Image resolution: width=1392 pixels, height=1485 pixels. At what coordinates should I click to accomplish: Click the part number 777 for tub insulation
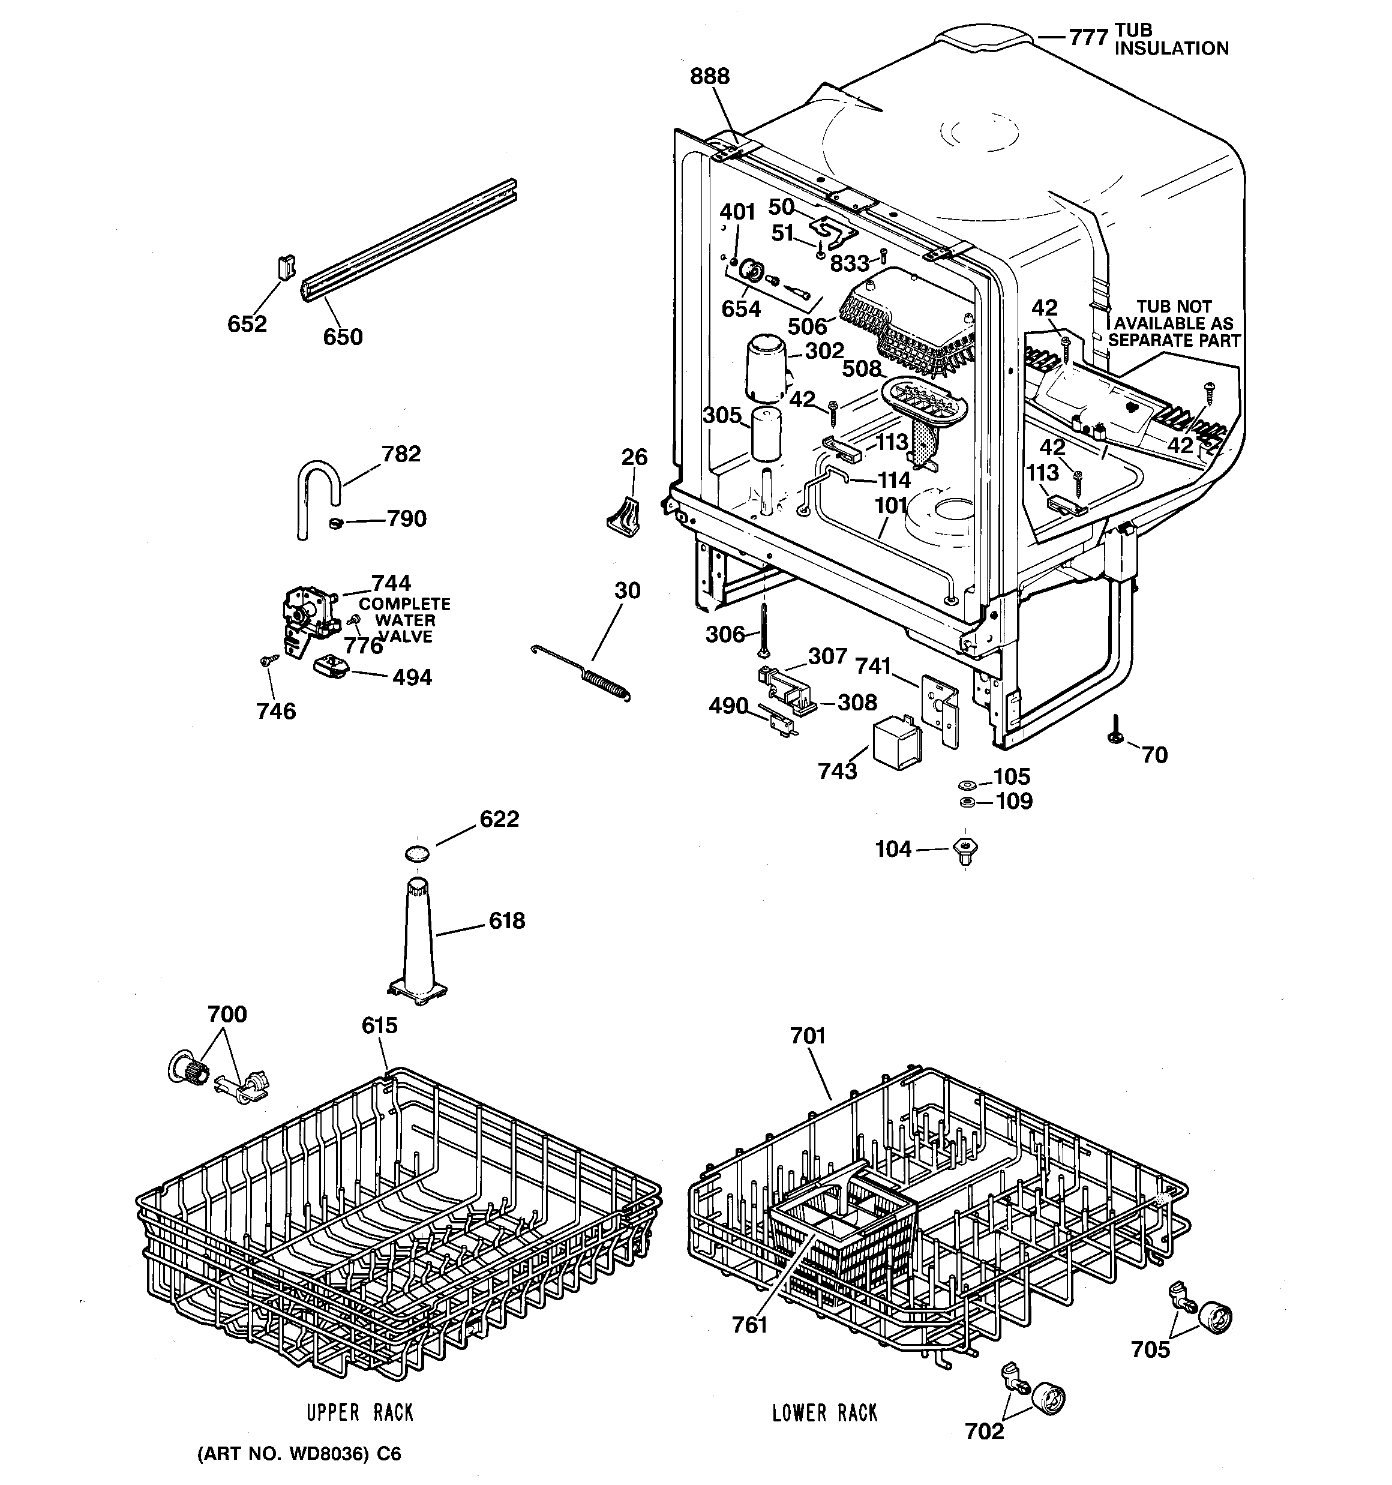[1087, 37]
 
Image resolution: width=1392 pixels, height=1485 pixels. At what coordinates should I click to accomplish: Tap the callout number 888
[709, 76]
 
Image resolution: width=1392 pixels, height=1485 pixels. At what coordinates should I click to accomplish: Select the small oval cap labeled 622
[418, 853]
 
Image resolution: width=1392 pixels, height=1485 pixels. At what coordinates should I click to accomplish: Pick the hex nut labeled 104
[966, 850]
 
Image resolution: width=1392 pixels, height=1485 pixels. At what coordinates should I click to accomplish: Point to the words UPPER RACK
[360, 1412]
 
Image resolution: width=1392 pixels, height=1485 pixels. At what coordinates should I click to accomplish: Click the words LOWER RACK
[824, 1412]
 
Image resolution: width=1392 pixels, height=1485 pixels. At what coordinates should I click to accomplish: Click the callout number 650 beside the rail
[342, 337]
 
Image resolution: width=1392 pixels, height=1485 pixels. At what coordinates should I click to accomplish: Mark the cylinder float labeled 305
[766, 433]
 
